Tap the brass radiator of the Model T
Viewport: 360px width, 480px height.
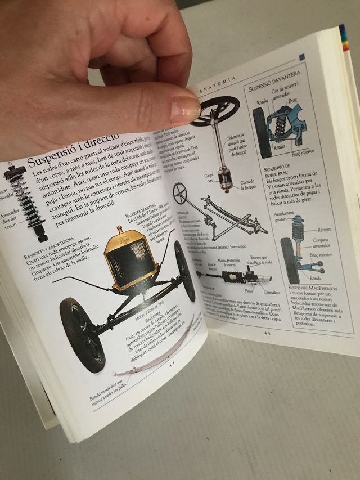(x=129, y=259)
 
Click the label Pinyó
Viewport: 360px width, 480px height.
(x=248, y=291)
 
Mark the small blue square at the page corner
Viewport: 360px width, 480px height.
(x=302, y=57)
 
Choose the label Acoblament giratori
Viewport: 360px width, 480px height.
(x=287, y=217)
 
